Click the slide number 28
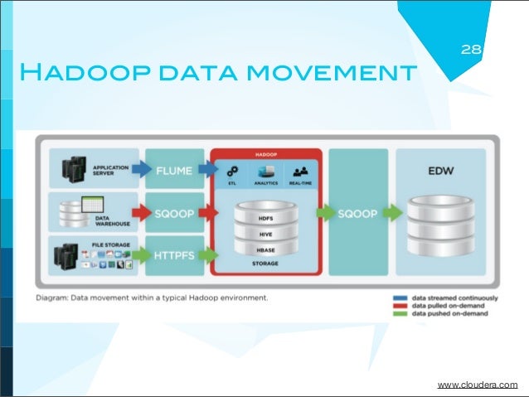tap(471, 51)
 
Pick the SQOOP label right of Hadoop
tap(358, 213)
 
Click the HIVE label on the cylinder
tap(265, 233)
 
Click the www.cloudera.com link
tap(477, 385)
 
